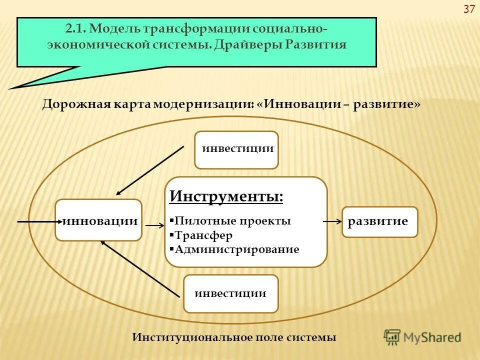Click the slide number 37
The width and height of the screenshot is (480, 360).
click(x=469, y=9)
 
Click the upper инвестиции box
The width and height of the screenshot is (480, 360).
click(x=236, y=149)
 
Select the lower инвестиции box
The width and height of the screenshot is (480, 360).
click(x=230, y=293)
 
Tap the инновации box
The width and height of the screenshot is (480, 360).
click(x=99, y=220)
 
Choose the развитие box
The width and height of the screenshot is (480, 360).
click(x=379, y=221)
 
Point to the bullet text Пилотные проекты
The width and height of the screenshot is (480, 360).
click(x=232, y=221)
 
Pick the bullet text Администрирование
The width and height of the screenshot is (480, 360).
click(x=236, y=249)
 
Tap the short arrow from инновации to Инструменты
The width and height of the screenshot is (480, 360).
click(x=154, y=226)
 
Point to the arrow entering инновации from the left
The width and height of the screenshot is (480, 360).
click(x=38, y=220)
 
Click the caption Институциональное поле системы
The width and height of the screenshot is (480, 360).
click(x=234, y=337)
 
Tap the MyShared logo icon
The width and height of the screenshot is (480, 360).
click(x=393, y=337)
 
